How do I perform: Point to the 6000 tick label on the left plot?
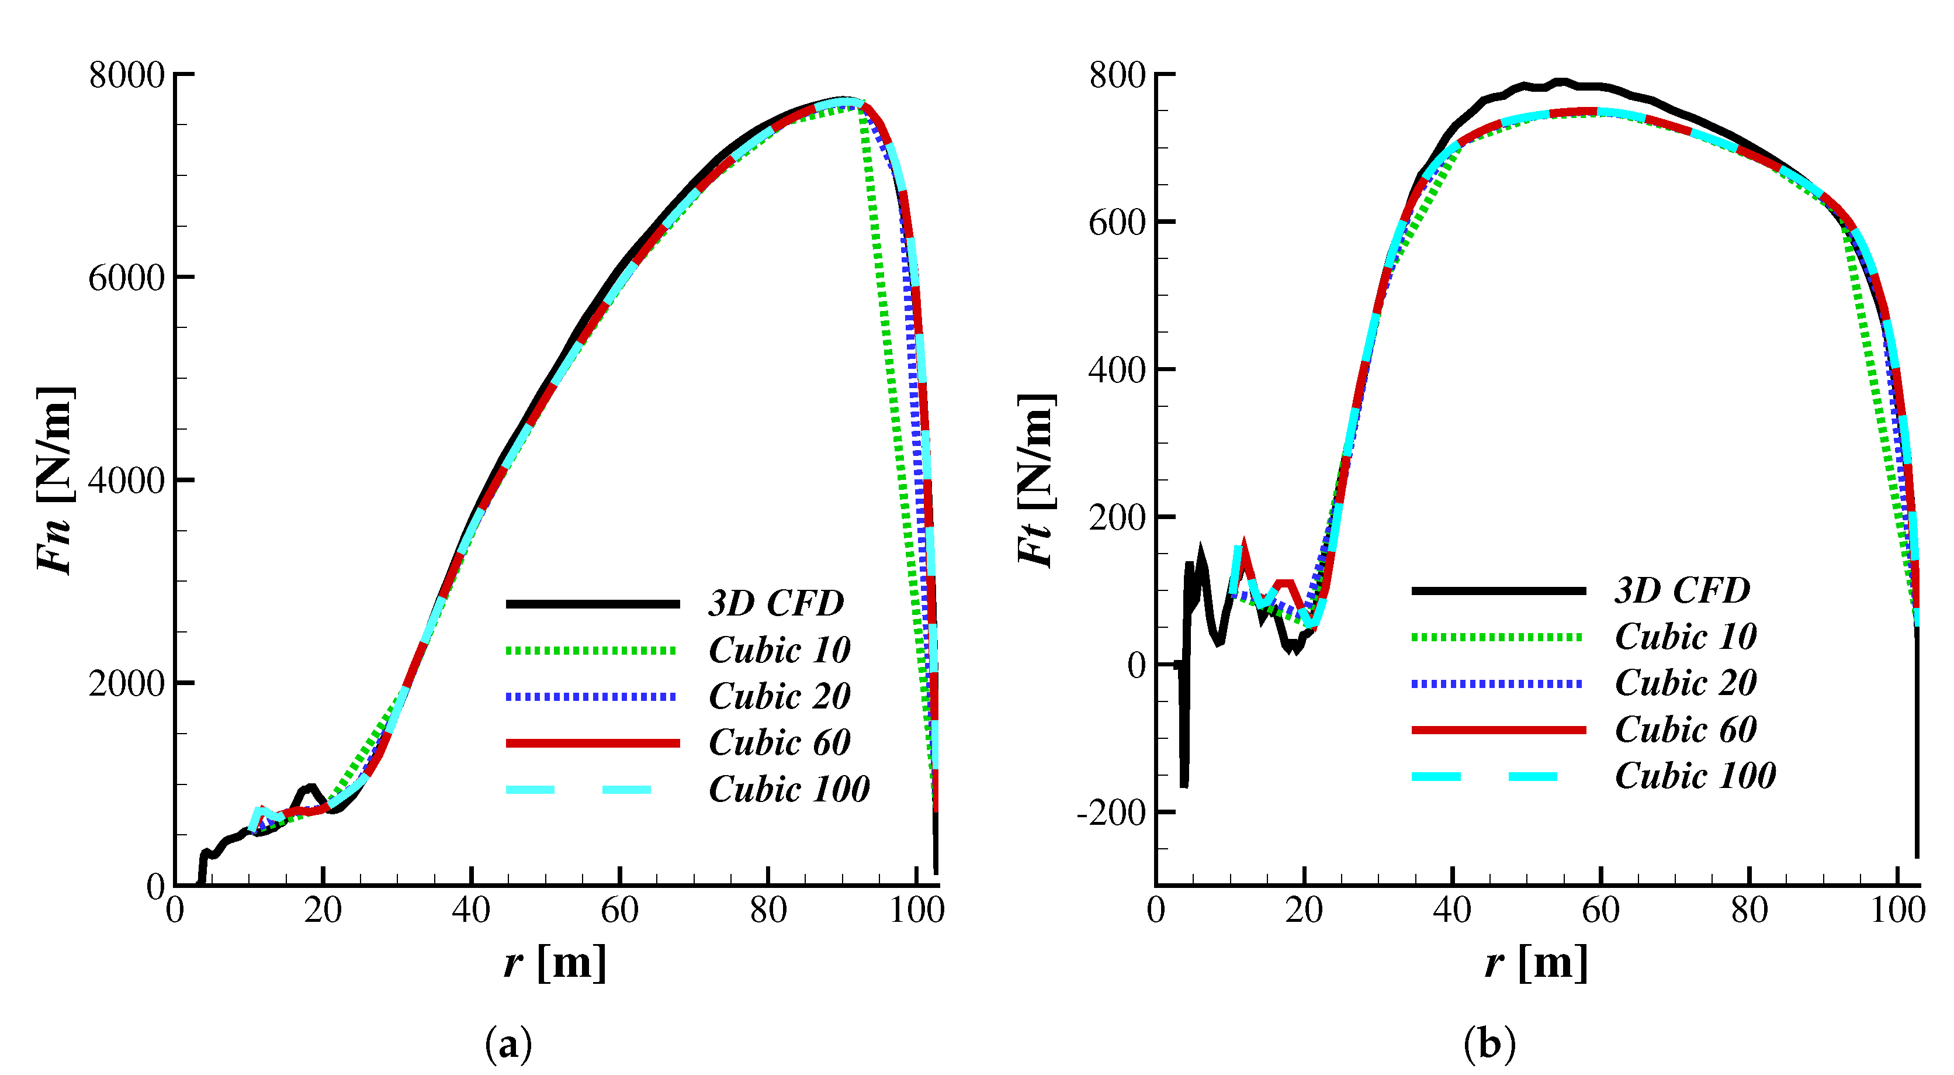(126, 278)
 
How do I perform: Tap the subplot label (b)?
(1489, 1045)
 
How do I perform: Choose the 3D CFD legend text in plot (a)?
(776, 603)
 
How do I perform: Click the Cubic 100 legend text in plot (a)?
(789, 789)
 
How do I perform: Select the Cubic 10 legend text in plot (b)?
(1685, 636)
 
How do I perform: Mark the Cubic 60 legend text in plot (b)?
(1685, 729)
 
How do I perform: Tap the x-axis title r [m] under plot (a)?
(555, 963)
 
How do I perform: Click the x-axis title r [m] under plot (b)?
(1536, 963)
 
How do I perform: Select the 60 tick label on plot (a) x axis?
(620, 910)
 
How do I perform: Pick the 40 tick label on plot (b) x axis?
(1452, 910)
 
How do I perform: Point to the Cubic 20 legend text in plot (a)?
(779, 696)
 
